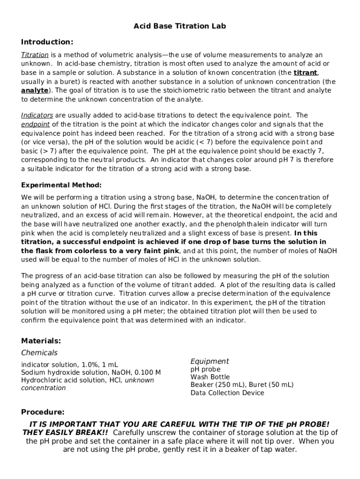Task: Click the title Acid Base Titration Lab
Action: click(x=180, y=26)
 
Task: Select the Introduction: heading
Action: click(x=47, y=42)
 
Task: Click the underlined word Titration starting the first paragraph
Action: click(x=35, y=55)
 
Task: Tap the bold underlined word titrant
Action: click(x=305, y=73)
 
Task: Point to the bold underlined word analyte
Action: click(x=35, y=90)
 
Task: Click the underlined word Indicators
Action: click(x=37, y=115)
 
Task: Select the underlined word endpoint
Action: click(x=36, y=124)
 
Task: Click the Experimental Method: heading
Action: click(x=61, y=185)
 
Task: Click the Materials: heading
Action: click(x=41, y=341)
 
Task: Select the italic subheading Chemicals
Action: click(x=39, y=353)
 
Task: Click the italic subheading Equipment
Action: click(x=209, y=361)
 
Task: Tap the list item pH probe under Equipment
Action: click(x=205, y=369)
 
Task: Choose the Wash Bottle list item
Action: click(x=210, y=377)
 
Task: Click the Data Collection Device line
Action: click(x=227, y=393)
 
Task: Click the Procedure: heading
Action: click(x=43, y=412)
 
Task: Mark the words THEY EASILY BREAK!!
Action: click(x=66, y=432)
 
